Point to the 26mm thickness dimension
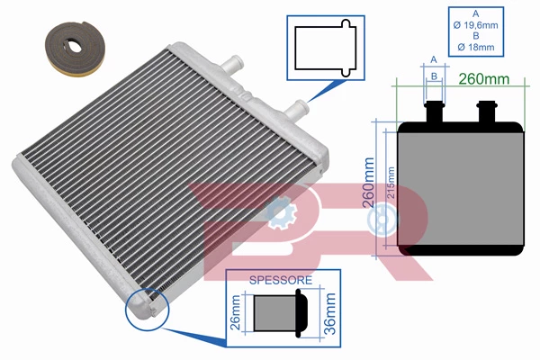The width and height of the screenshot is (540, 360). point(237,314)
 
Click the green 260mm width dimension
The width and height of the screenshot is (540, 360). point(484,78)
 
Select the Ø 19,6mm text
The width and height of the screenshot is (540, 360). point(474,28)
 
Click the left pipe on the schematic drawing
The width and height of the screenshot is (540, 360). point(435,112)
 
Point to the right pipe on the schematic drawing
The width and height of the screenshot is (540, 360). point(490,112)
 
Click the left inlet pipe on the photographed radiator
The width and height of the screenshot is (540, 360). point(234,65)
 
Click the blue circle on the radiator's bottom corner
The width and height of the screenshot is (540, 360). point(146,305)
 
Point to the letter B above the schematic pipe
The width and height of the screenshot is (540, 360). point(435,77)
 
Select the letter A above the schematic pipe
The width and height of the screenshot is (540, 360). point(435,59)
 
